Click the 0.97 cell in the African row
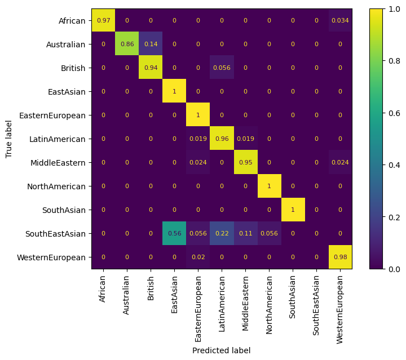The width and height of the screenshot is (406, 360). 103,21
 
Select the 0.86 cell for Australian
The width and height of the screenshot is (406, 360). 127,45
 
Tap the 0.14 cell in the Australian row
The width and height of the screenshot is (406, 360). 151,45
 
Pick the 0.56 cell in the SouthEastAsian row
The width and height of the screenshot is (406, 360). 174,233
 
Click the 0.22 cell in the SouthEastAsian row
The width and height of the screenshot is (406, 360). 222,233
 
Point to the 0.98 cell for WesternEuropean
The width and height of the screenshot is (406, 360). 340,257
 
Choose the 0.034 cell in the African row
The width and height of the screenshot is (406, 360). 340,21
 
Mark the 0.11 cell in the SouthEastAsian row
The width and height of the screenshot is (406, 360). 245,233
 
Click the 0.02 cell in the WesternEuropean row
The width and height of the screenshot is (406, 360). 198,257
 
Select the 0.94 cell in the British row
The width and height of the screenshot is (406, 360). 151,68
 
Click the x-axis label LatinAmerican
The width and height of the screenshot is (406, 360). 222,303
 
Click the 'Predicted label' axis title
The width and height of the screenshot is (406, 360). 221,350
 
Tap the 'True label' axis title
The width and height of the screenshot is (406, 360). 9,139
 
